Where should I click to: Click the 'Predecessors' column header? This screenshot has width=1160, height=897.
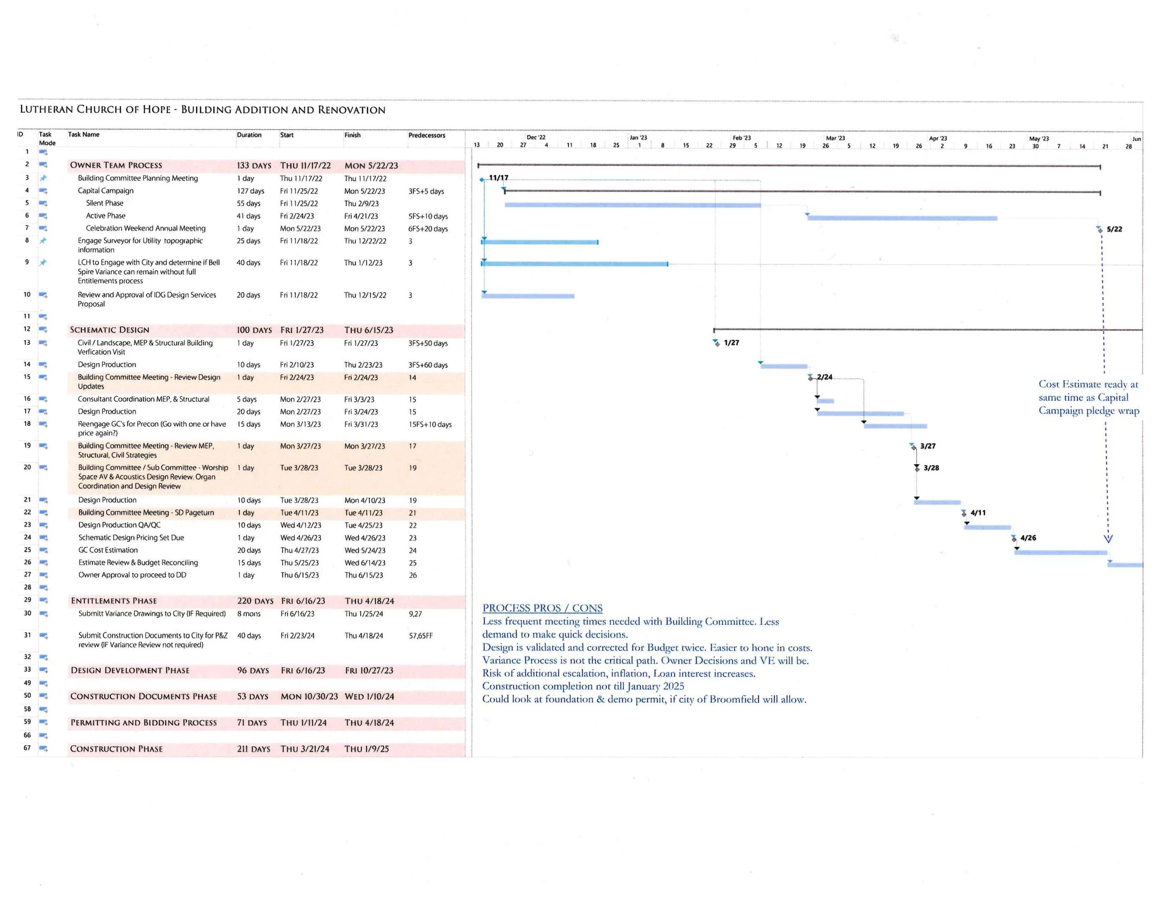pos(426,135)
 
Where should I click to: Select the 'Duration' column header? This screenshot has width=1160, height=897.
pos(249,135)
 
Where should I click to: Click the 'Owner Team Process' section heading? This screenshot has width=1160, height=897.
pos(116,165)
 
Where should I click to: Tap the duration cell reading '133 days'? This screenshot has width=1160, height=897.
pos(253,166)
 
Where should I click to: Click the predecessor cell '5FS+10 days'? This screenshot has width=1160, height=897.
pos(427,216)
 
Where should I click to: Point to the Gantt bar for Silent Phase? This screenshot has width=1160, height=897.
pos(632,205)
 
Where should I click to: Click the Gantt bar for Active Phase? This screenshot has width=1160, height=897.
pos(902,218)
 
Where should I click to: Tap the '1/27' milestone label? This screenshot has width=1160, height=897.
pos(731,343)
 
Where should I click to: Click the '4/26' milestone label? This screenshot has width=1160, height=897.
pos(1028,538)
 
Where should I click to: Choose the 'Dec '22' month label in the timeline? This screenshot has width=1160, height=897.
pos(535,137)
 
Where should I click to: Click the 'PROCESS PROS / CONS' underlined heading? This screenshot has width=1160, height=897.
pos(542,608)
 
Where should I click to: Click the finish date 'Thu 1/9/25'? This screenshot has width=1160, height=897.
pos(367,749)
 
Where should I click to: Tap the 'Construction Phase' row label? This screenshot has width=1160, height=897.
pos(116,749)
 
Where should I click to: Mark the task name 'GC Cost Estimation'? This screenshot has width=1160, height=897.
pos(108,550)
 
